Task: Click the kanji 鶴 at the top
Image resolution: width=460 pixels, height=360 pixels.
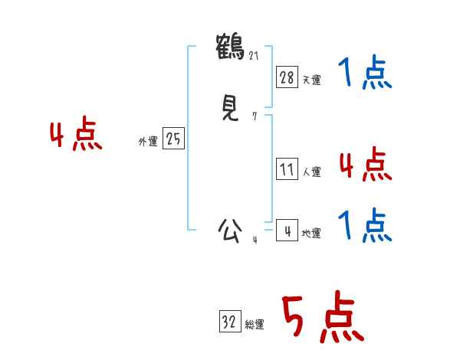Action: pyautogui.click(x=230, y=46)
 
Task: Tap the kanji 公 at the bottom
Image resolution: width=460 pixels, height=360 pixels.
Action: pyautogui.click(x=230, y=229)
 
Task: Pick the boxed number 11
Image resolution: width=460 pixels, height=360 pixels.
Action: pyautogui.click(x=287, y=169)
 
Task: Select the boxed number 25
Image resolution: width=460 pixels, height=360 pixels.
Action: pyautogui.click(x=173, y=139)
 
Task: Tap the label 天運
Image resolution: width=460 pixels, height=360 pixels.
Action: pyautogui.click(x=311, y=79)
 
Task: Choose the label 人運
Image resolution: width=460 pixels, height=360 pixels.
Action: pyautogui.click(x=311, y=172)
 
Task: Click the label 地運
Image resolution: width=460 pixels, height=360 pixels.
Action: pyautogui.click(x=311, y=233)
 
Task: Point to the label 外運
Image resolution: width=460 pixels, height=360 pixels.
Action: pyautogui.click(x=148, y=142)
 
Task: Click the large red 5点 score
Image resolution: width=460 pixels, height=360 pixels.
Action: pyautogui.click(x=321, y=319)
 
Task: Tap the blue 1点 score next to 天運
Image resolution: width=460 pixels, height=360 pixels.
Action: pyautogui.click(x=365, y=74)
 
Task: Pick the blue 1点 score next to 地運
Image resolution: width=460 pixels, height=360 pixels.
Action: pyautogui.click(x=365, y=226)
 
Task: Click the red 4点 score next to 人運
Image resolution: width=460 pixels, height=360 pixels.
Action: pyautogui.click(x=365, y=165)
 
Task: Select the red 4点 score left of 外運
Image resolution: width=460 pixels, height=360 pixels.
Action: pyautogui.click(x=76, y=136)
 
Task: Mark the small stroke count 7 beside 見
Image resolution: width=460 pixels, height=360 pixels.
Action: pyautogui.click(x=255, y=116)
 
